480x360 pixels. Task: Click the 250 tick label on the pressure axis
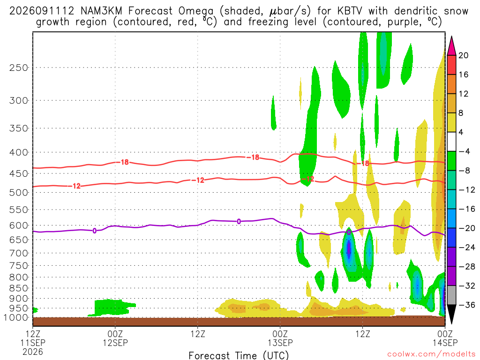pyautogui.click(x=19, y=67)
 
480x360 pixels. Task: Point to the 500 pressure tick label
pyautogui.click(x=19, y=193)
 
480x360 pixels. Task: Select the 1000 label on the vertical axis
pyautogui.click(x=16, y=317)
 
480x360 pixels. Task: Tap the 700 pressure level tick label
pyautogui.click(x=19, y=253)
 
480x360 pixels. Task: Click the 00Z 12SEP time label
pyautogui.click(x=115, y=338)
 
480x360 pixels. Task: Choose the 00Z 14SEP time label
pyautogui.click(x=445, y=338)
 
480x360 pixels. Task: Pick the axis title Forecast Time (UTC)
pyautogui.click(x=239, y=355)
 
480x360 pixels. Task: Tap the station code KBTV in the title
pyautogui.click(x=350, y=11)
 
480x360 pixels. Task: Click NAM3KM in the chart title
pyautogui.click(x=101, y=11)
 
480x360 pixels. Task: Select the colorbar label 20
pyautogui.click(x=464, y=55)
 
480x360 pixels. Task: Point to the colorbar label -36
pyautogui.click(x=466, y=305)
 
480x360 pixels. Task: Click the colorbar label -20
pyautogui.click(x=466, y=228)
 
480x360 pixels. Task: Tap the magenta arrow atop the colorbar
pyautogui.click(x=451, y=45)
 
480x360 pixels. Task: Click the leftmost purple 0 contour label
pyautogui.click(x=94, y=231)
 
